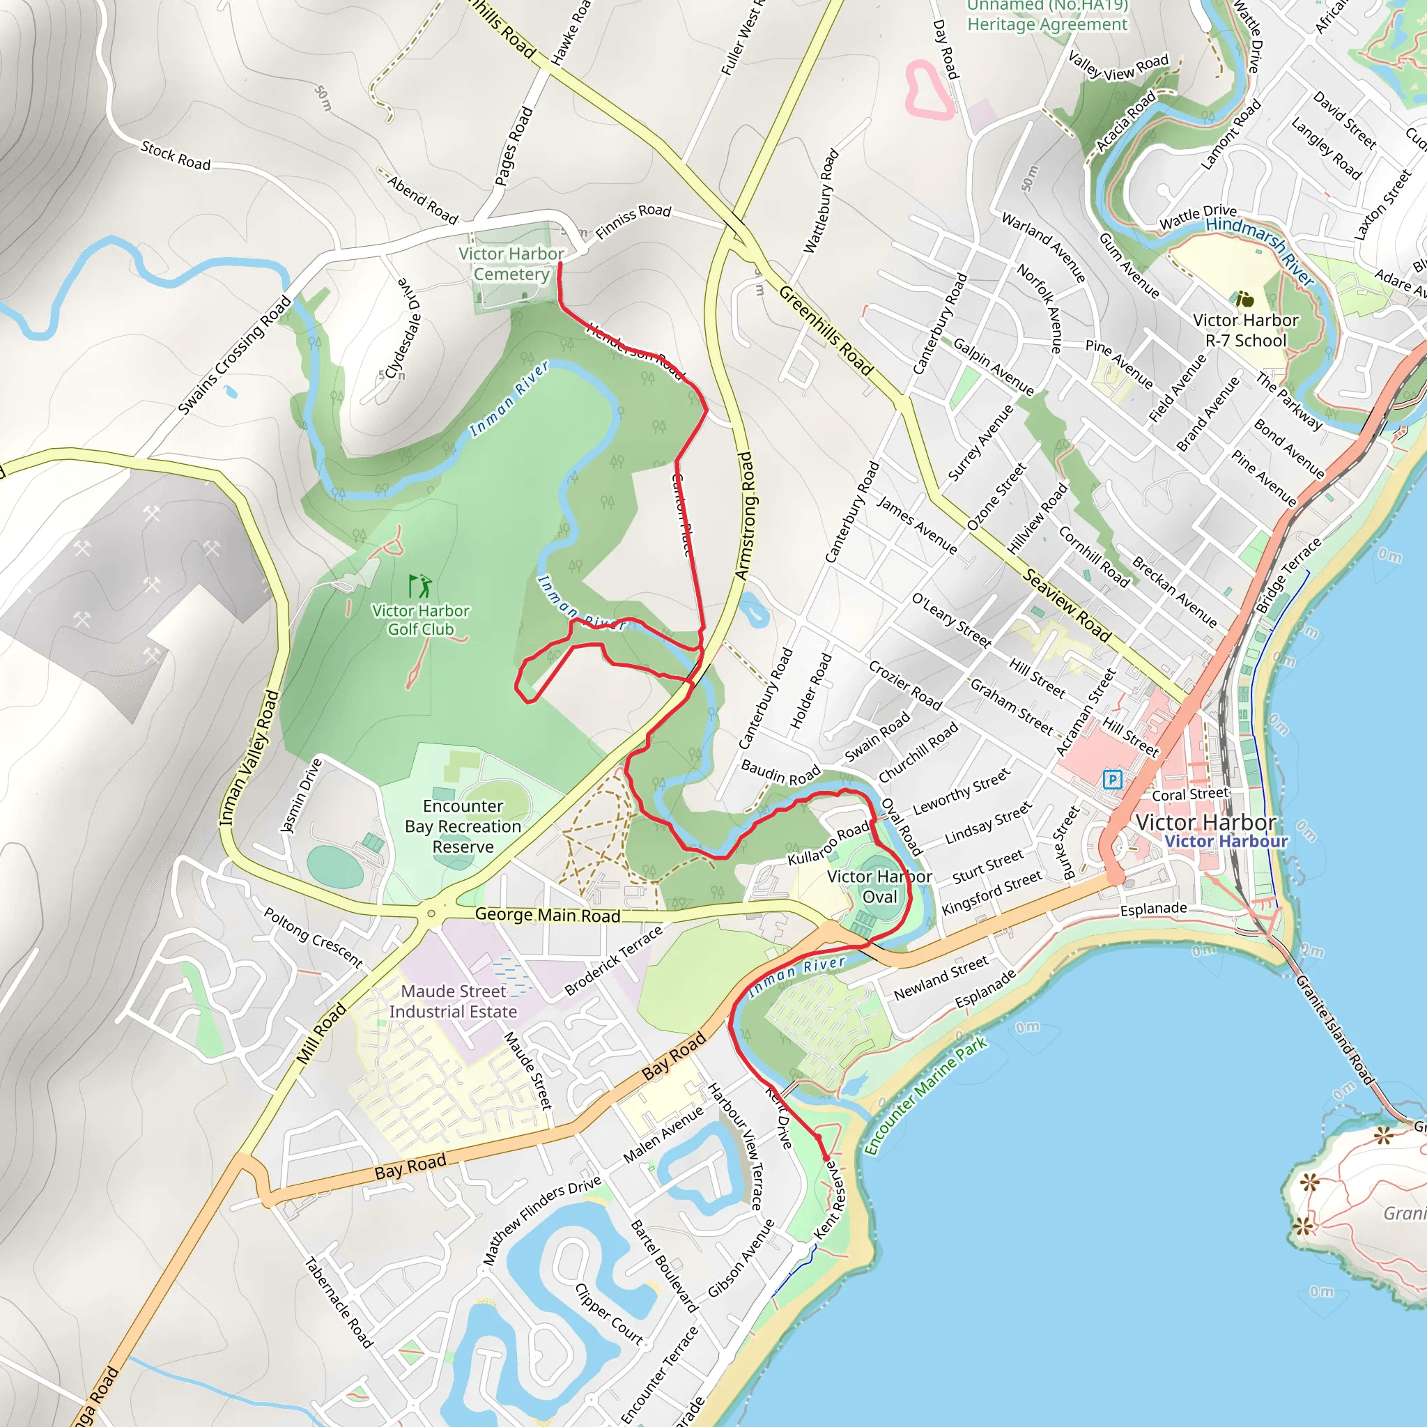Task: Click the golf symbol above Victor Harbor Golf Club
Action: point(420,586)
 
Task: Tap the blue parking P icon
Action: point(1111,778)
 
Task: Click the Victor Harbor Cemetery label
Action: point(511,263)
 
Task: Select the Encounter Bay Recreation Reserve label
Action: point(463,826)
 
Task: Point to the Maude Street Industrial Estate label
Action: point(454,1001)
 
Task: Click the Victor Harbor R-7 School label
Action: point(1245,330)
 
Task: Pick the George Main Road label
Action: point(547,914)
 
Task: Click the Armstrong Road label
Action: point(746,515)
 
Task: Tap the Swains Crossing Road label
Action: point(234,355)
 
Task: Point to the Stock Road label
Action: point(176,156)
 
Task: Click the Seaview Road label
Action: point(1067,605)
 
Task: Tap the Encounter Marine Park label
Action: point(925,1095)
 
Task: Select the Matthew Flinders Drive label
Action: point(541,1220)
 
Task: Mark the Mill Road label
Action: point(321,1033)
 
